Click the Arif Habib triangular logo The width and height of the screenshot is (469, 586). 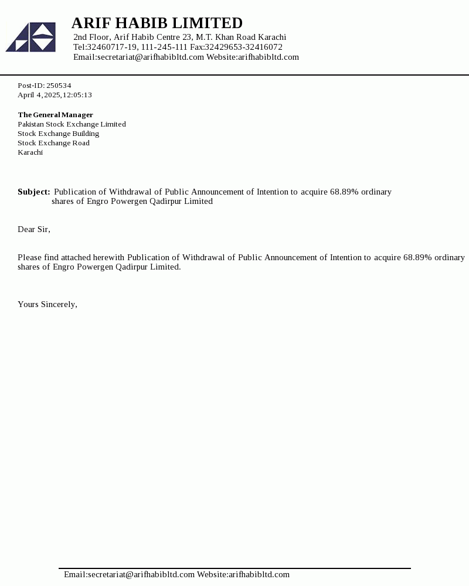30,37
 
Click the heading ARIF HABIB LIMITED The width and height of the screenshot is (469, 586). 157,23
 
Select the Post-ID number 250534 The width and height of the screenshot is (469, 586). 59,86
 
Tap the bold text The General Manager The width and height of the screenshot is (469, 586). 55,115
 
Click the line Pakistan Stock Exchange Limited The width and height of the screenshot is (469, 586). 72,124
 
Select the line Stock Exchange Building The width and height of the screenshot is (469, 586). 58,134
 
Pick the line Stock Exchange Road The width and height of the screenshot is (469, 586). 53,143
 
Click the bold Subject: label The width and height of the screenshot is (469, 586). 33,192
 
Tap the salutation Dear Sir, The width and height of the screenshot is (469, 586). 34,229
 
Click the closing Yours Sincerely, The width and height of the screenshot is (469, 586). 47,304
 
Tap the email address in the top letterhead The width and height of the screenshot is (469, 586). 150,57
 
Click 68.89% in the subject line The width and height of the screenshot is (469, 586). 344,192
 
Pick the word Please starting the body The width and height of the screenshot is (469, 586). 30,257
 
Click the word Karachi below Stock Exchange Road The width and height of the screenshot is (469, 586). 30,152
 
